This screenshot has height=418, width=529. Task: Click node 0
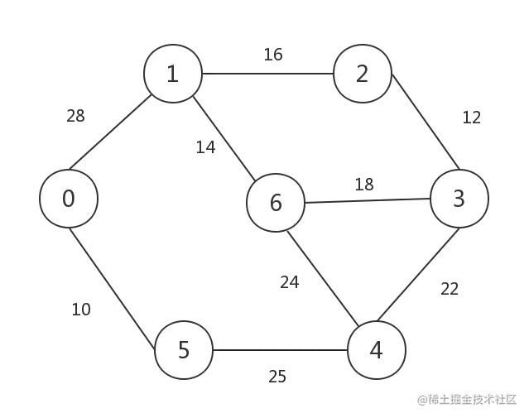click(69, 199)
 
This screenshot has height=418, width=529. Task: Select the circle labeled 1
click(172, 74)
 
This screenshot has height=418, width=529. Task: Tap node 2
click(362, 74)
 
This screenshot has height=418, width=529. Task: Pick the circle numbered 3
click(459, 199)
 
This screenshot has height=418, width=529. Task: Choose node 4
click(377, 351)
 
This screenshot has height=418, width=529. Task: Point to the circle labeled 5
click(184, 351)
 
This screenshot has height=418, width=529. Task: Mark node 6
click(276, 203)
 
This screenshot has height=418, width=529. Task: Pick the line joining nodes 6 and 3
click(364, 199)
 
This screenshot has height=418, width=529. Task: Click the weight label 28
click(75, 116)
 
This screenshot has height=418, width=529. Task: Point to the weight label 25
click(277, 376)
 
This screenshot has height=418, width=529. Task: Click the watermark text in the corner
click(468, 399)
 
